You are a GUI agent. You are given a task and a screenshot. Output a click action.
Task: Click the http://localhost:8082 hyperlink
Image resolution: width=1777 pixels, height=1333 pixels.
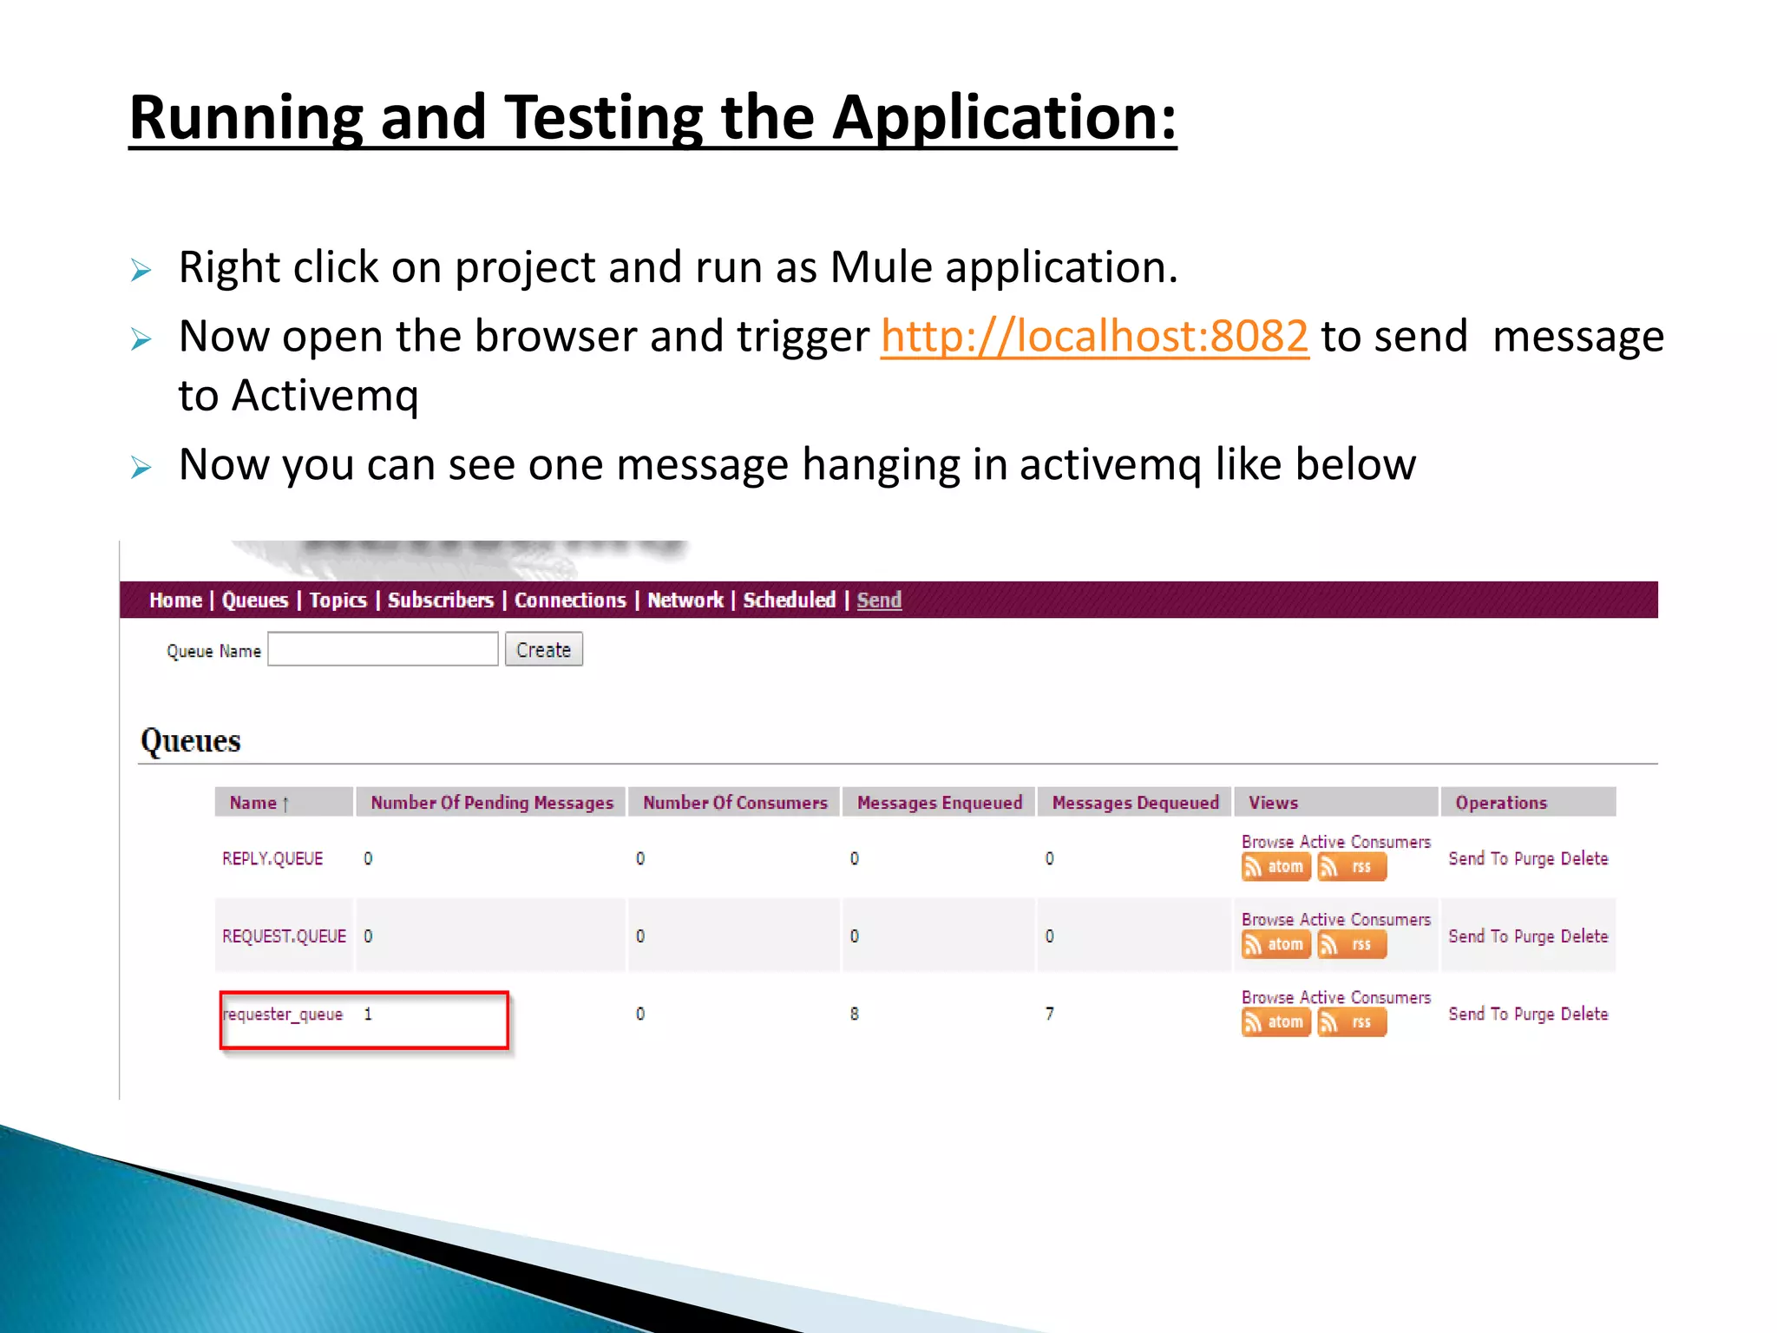click(x=1094, y=336)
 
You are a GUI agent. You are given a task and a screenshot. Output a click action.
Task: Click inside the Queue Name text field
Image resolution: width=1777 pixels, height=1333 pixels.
click(x=383, y=649)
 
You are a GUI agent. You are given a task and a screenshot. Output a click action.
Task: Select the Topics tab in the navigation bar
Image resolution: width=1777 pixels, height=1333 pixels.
click(x=338, y=601)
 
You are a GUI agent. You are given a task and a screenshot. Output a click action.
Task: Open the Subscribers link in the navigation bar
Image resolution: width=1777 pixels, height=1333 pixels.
click(x=440, y=601)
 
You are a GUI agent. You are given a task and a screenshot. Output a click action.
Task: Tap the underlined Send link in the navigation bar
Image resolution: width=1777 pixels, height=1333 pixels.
click(x=879, y=601)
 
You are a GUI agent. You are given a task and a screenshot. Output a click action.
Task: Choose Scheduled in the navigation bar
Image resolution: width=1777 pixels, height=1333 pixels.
click(x=789, y=601)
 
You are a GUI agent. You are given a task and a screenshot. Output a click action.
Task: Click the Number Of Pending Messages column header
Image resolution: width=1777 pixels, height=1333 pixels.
click(x=492, y=803)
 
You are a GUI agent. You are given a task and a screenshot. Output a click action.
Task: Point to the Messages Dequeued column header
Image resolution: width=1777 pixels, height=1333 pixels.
click(x=1135, y=803)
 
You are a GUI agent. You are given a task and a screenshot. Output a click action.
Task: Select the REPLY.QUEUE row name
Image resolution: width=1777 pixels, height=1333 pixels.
click(x=272, y=858)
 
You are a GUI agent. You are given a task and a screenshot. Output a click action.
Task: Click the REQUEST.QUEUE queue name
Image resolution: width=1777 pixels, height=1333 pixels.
click(x=284, y=936)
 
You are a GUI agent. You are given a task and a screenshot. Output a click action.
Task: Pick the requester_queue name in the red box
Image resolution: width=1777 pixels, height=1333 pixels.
click(x=283, y=1015)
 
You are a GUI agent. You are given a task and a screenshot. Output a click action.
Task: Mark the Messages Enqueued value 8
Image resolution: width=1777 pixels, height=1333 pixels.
click(x=855, y=1014)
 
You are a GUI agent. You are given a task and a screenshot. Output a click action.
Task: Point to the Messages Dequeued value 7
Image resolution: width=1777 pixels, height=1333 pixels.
click(x=1050, y=1014)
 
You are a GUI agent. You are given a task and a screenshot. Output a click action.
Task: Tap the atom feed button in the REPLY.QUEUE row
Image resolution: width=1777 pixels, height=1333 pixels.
click(x=1275, y=867)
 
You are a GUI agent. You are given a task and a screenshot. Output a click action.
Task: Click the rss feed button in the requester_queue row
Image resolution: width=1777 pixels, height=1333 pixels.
click(x=1352, y=1022)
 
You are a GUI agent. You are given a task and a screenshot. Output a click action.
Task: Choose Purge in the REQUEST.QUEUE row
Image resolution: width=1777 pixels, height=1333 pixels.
click(x=1533, y=936)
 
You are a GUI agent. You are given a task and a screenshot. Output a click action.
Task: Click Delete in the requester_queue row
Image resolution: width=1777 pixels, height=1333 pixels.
click(x=1584, y=1014)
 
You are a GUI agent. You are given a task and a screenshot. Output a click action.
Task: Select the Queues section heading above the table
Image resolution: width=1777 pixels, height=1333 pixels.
click(x=191, y=741)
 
